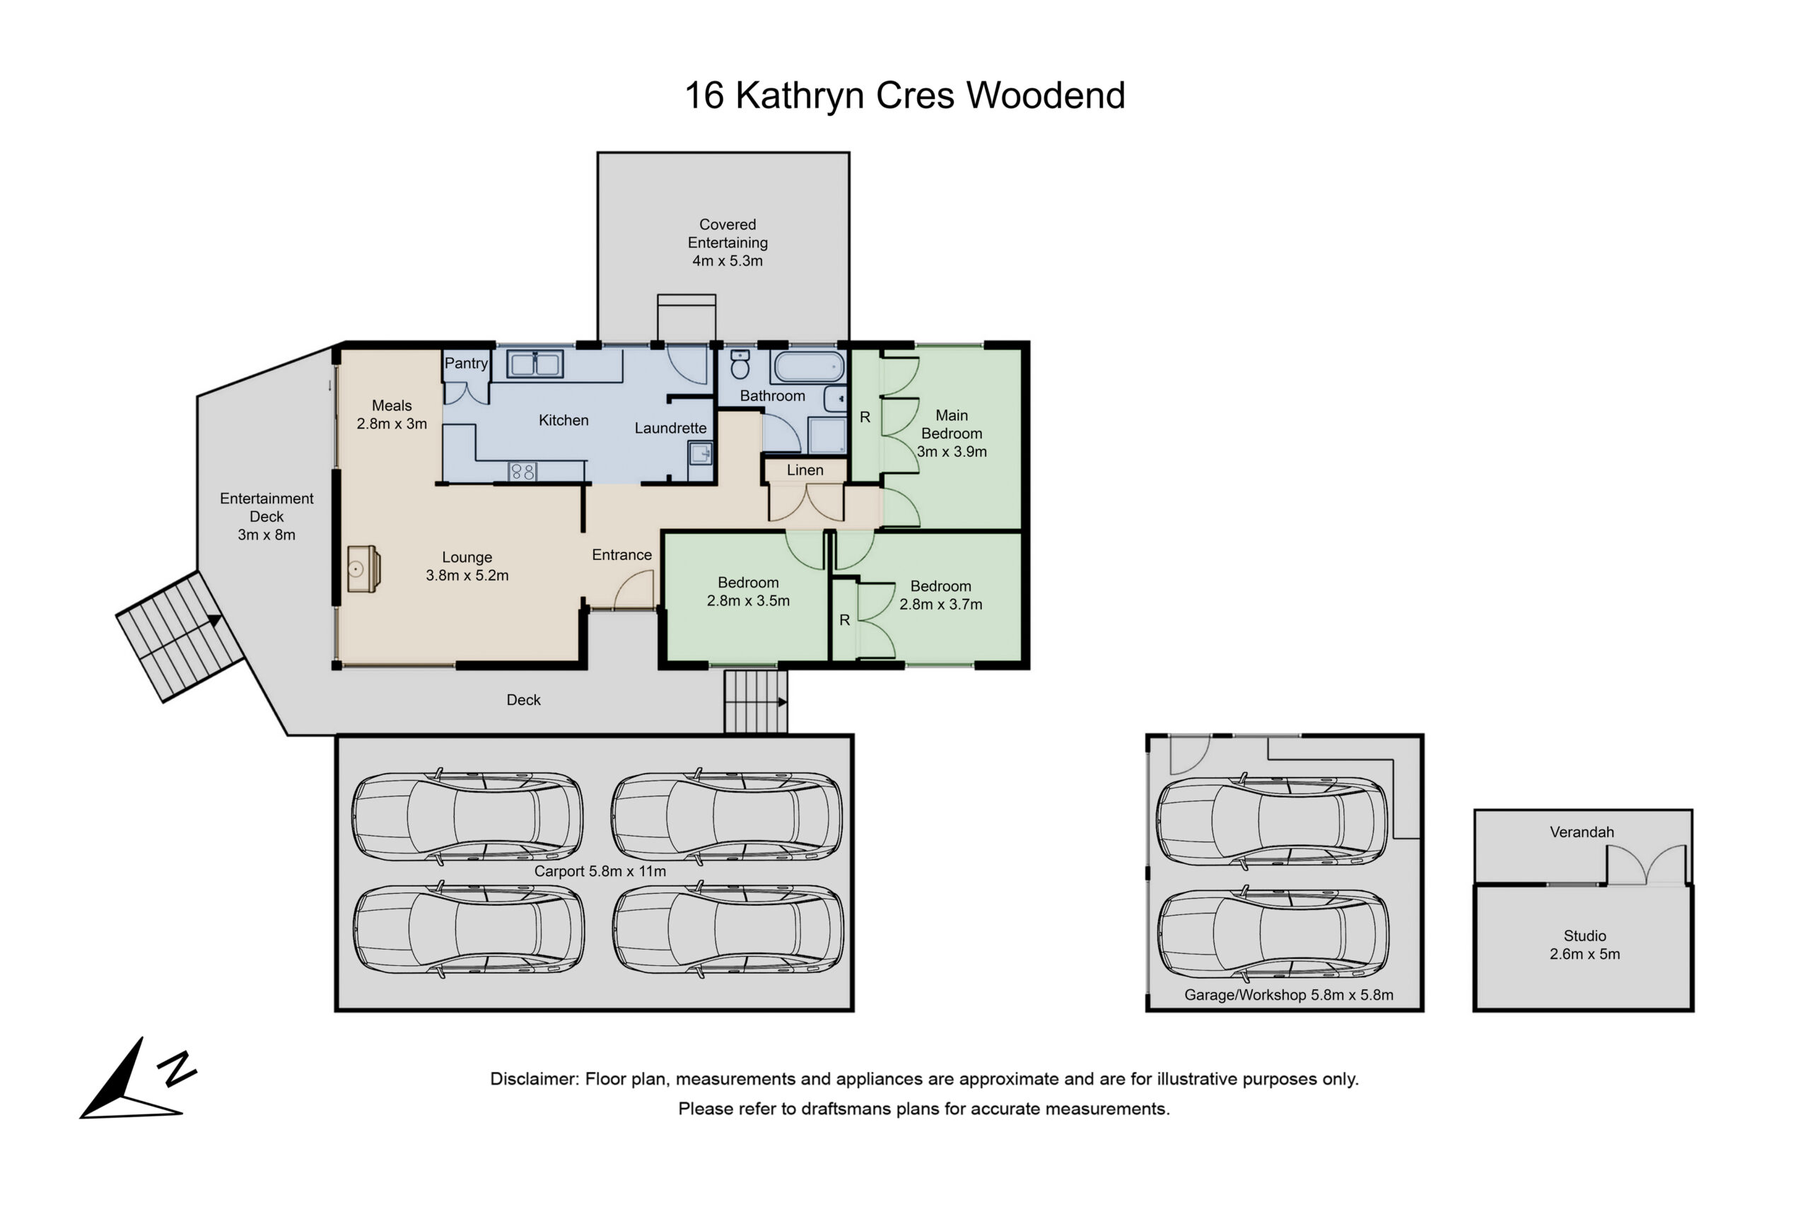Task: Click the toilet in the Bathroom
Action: pyautogui.click(x=740, y=365)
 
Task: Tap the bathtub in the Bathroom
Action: pyautogui.click(x=808, y=367)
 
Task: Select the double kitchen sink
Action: pyautogui.click(x=535, y=364)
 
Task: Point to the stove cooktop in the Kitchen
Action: pyautogui.click(x=522, y=471)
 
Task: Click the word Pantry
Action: pyautogui.click(x=466, y=363)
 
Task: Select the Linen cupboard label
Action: pyautogui.click(x=805, y=470)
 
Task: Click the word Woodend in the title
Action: pyautogui.click(x=1046, y=95)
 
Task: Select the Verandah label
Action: pyautogui.click(x=1582, y=832)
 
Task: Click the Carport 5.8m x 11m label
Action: pyautogui.click(x=600, y=870)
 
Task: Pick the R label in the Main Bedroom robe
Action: pyautogui.click(x=865, y=417)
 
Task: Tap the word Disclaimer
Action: pyautogui.click(x=534, y=1078)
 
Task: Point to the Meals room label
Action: pyautogui.click(x=392, y=405)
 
